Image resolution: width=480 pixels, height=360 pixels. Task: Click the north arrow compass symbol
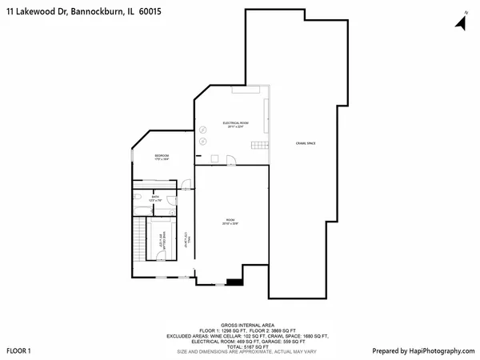462,22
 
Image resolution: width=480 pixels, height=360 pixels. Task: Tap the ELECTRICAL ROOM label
235,125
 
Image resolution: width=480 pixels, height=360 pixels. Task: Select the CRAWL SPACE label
306,143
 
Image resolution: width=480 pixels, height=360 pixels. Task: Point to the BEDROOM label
162,157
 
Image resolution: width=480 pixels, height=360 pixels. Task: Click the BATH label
155,199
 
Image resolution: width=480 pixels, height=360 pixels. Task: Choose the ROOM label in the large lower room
230,222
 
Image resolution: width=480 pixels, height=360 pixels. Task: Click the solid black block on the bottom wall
234,281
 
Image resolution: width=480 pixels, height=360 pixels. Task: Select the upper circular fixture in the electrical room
203,130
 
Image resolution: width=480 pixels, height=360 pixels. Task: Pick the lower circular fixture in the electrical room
203,142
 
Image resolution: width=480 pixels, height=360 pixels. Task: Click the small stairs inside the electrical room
258,144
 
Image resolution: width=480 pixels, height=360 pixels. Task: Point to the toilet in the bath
138,197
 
